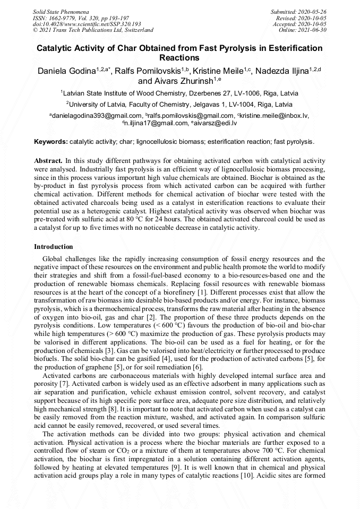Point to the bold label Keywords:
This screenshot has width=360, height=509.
tap(51, 142)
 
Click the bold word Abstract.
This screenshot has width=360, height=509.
tap(48, 160)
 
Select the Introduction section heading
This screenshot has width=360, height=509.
tap(54, 247)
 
